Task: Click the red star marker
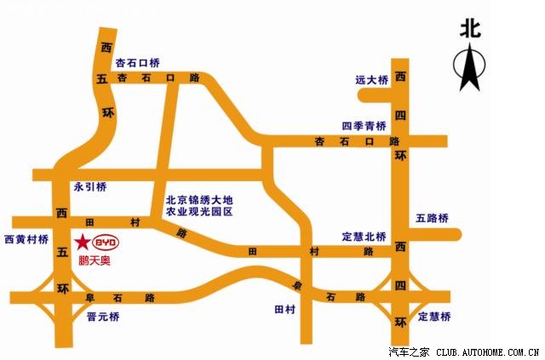tap(81, 242)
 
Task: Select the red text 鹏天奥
tap(94, 260)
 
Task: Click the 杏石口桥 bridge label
tap(138, 63)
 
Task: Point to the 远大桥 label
tap(371, 80)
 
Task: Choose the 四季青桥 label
tap(364, 125)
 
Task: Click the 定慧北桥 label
tap(364, 236)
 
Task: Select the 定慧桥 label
tap(434, 317)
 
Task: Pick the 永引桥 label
tap(90, 186)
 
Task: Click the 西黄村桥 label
tap(26, 239)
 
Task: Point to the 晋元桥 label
tap(104, 317)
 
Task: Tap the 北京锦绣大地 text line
tap(198, 199)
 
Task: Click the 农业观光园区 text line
tap(198, 211)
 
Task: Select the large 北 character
tap(470, 28)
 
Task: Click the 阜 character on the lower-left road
tap(90, 298)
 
